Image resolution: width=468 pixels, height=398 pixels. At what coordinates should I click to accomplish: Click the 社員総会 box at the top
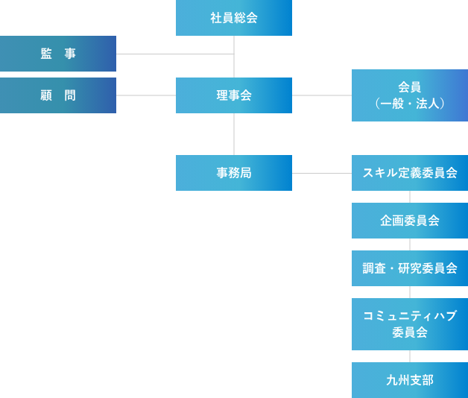(234, 18)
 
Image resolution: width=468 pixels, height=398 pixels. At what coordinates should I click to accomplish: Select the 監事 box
(58, 54)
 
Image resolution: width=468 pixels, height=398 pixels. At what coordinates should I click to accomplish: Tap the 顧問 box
(58, 95)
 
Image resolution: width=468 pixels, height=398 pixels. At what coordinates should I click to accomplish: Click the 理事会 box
(234, 95)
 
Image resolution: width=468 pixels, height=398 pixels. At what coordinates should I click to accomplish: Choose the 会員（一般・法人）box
(410, 95)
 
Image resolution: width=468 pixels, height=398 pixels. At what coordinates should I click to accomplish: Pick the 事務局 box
(234, 173)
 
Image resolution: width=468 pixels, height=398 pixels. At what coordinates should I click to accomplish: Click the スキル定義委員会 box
(410, 173)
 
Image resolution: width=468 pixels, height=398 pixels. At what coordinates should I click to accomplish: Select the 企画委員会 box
(410, 221)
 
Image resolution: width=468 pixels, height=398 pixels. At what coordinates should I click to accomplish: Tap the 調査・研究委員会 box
(410, 268)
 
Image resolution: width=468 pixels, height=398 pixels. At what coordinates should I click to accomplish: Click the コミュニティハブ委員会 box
(410, 324)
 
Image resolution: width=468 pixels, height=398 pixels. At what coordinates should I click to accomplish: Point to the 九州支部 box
(410, 380)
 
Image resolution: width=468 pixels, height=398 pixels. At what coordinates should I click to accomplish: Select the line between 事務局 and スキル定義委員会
(322, 173)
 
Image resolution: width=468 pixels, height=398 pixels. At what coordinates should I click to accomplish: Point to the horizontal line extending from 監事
(175, 54)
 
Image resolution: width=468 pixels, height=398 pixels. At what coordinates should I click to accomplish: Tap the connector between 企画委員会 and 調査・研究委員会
(410, 244)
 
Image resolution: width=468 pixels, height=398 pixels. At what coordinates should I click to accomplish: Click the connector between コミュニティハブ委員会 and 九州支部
(410, 356)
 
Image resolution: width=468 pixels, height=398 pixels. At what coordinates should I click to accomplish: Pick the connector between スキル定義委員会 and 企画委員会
(410, 197)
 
